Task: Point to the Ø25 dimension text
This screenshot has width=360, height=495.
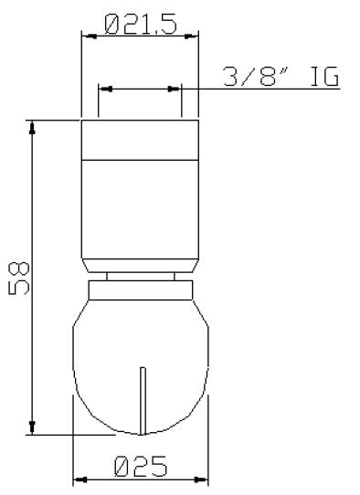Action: click(x=141, y=467)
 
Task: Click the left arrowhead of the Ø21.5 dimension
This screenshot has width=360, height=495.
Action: click(x=88, y=37)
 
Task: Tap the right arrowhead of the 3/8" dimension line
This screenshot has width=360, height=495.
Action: click(x=175, y=89)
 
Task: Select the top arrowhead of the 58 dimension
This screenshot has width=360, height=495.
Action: click(x=34, y=126)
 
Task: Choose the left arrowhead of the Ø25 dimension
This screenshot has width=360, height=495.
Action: click(x=79, y=479)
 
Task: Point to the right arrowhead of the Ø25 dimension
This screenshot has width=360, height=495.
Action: click(x=203, y=479)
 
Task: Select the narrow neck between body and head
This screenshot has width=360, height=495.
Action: click(x=141, y=277)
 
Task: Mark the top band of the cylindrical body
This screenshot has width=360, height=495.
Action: click(x=141, y=140)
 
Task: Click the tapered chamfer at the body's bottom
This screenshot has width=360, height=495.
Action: click(x=141, y=265)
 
